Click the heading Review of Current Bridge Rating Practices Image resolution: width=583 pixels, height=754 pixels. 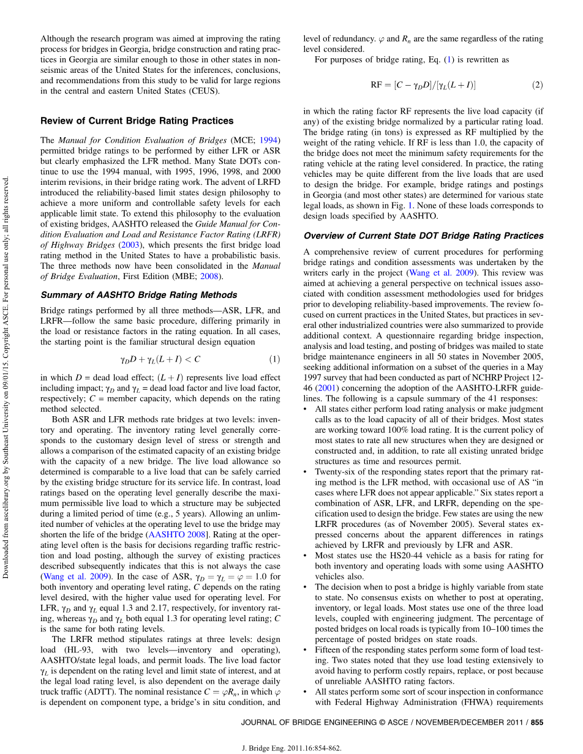(137, 121)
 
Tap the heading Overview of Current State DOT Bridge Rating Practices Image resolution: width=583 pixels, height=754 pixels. (423, 236)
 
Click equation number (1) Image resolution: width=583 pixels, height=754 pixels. (275, 359)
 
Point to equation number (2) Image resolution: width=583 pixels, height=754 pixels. (537, 84)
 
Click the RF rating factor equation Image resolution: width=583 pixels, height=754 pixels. (423, 84)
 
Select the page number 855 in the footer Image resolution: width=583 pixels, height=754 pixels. (537, 722)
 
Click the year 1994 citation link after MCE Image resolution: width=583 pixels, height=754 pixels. (269, 140)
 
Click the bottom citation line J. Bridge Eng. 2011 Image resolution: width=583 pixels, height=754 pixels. (291, 747)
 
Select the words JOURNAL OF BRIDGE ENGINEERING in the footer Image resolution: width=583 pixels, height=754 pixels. (304, 722)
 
